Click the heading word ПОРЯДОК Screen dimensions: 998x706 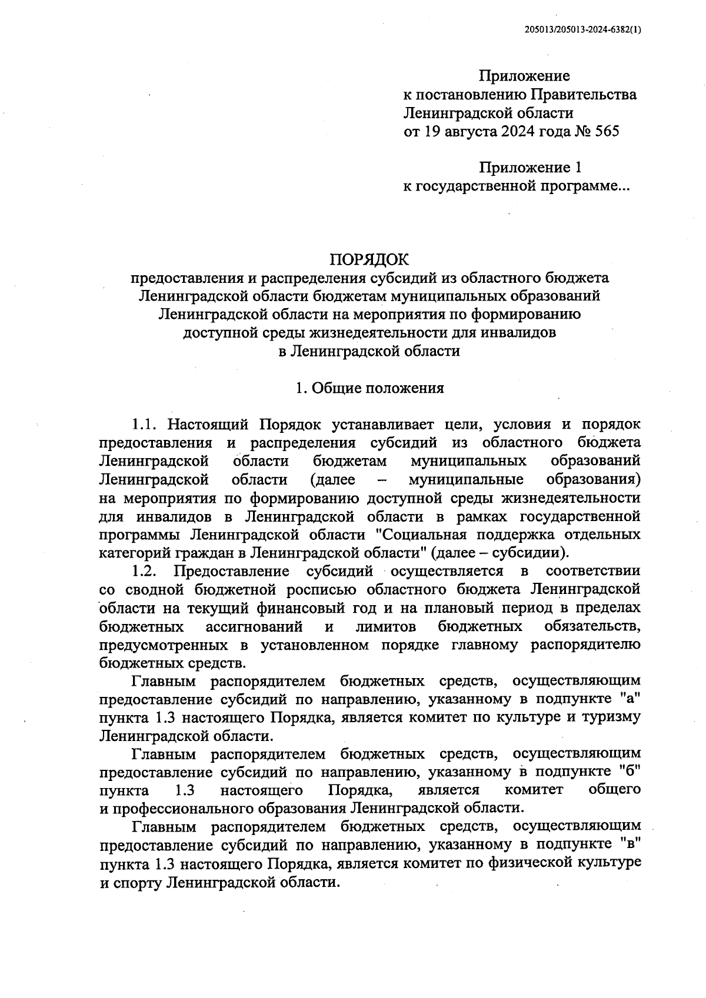click(369, 259)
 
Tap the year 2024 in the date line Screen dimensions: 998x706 click(518, 131)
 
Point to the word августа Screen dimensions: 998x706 click(468, 131)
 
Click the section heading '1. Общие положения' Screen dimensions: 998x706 click(369, 388)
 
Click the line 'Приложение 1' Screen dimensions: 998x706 click(530, 168)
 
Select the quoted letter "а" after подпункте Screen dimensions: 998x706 click(630, 699)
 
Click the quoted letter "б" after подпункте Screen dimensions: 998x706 click(630, 771)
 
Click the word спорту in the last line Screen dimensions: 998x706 click(135, 882)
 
